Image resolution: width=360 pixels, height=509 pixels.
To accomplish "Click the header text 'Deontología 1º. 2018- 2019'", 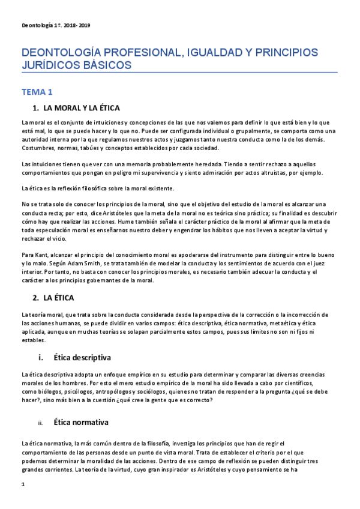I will [x=56, y=25].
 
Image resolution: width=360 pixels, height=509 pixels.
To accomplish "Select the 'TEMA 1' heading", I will [x=37, y=92].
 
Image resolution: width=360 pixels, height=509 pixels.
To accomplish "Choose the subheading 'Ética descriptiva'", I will [x=82, y=358].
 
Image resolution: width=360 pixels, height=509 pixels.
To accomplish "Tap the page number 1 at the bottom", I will [x=23, y=483].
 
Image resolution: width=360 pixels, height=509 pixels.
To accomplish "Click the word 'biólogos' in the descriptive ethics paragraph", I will [x=47, y=392].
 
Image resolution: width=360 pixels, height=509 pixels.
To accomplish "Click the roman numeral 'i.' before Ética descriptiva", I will [x=41, y=358].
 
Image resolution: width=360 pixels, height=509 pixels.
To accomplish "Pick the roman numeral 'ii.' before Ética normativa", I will [x=40, y=423].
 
